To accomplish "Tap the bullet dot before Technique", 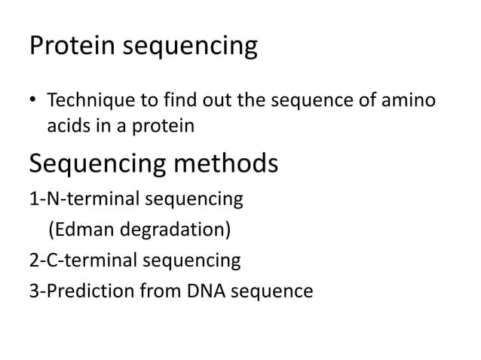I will [x=34, y=100].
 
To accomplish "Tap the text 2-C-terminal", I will [x=81, y=261].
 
